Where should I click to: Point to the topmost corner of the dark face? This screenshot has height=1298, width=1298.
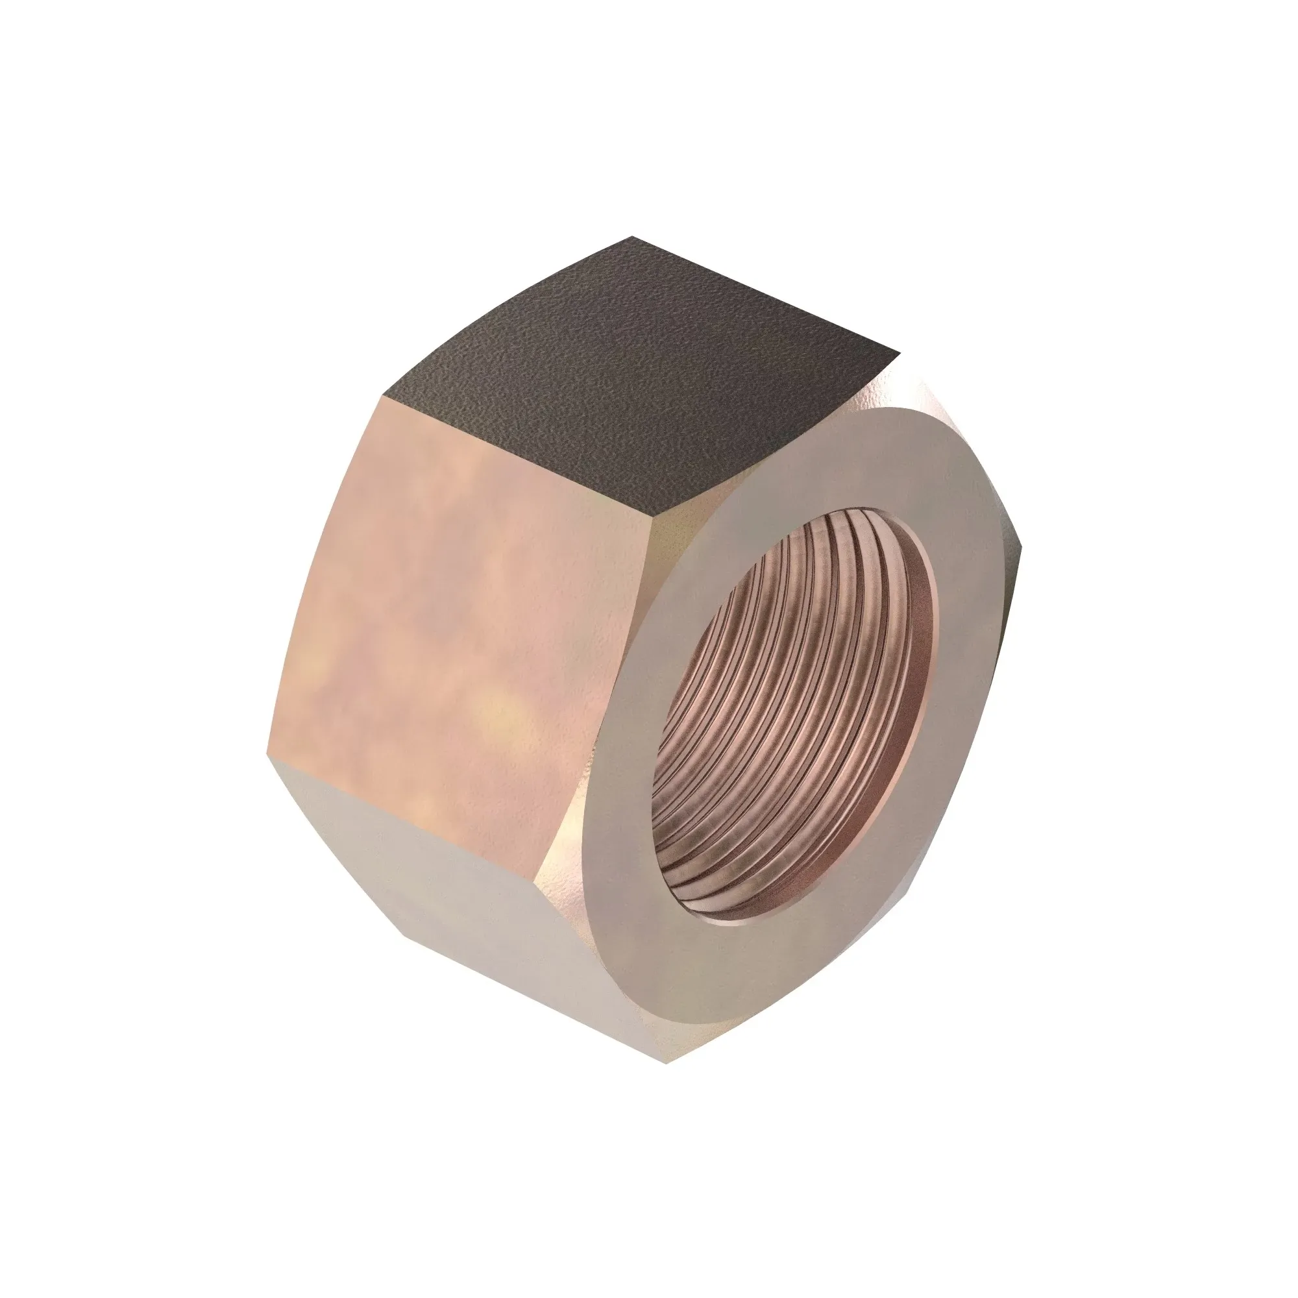(631, 236)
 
